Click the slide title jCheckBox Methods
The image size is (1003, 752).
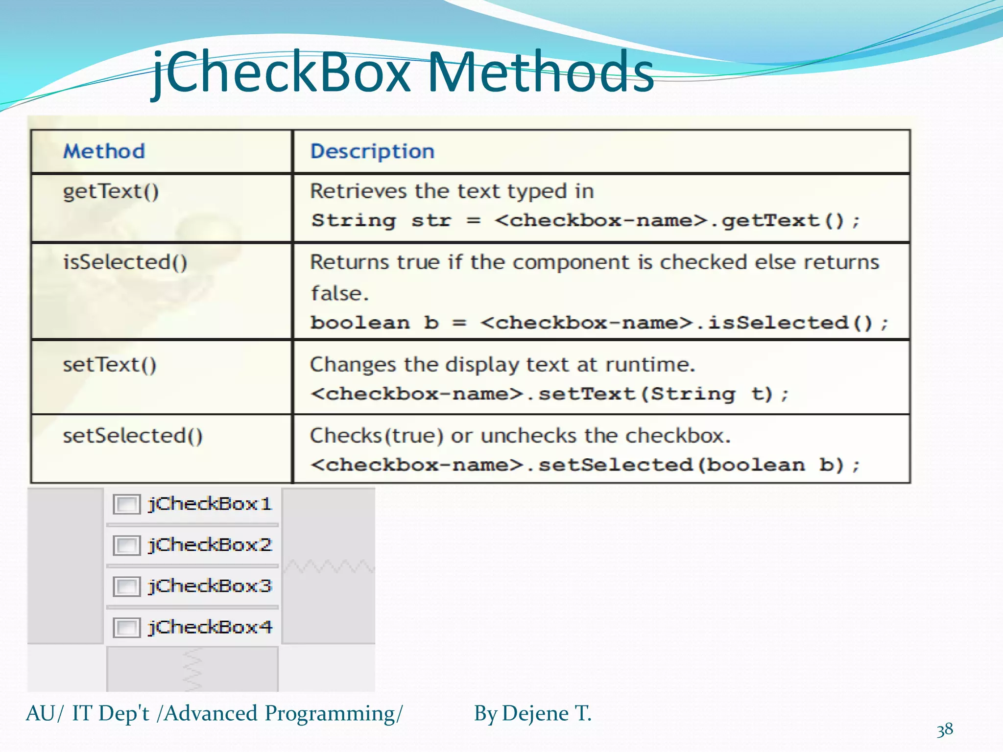pos(403,73)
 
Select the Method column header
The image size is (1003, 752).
pos(104,151)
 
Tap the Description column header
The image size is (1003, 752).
pos(372,151)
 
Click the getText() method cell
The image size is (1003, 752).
pos(111,191)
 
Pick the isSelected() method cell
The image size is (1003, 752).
pos(125,262)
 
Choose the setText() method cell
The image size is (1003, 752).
pos(110,365)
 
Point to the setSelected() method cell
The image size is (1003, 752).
pos(133,436)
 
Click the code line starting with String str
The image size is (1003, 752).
pos(585,221)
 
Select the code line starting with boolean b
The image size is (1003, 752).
pos(599,323)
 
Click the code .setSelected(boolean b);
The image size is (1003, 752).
pos(585,465)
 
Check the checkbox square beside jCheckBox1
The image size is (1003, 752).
pos(126,504)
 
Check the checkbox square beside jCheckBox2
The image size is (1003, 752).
pos(126,545)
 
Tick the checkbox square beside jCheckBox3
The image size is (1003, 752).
pos(126,587)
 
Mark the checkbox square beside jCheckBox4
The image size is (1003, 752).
pos(126,628)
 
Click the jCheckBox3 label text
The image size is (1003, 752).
pos(210,586)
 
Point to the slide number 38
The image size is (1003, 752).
pos(945,730)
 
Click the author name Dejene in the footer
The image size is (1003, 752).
pos(535,713)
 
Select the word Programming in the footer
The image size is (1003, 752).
pos(334,714)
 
